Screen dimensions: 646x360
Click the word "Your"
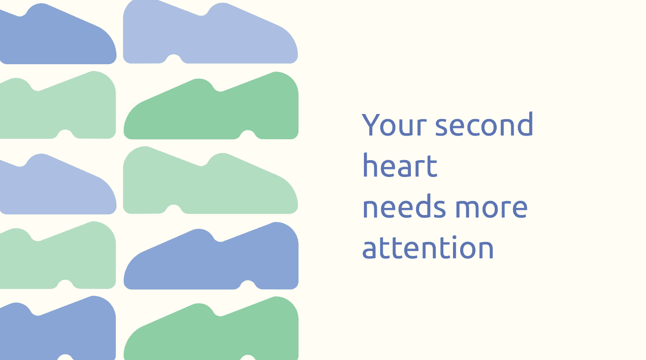click(x=394, y=124)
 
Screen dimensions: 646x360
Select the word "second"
click(x=484, y=124)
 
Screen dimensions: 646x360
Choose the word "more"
click(x=492, y=208)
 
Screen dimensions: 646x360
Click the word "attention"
click(x=428, y=247)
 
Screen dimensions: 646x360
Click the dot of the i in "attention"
click(x=455, y=238)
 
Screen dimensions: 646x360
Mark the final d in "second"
click(x=525, y=124)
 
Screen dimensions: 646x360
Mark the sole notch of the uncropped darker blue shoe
click(x=248, y=285)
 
